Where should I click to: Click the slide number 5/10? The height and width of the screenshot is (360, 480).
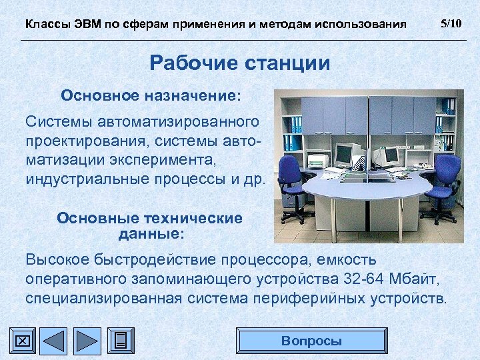tap(451, 24)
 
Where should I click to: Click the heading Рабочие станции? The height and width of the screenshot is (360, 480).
tap(239, 63)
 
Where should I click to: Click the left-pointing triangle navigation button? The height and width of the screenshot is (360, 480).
tap(55, 341)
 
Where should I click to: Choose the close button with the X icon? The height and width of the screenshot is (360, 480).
tap(22, 341)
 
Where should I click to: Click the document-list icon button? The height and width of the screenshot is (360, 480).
tap(120, 341)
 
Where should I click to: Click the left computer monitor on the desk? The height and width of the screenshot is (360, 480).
tap(344, 155)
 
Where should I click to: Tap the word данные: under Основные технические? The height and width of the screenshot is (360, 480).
tap(151, 235)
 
